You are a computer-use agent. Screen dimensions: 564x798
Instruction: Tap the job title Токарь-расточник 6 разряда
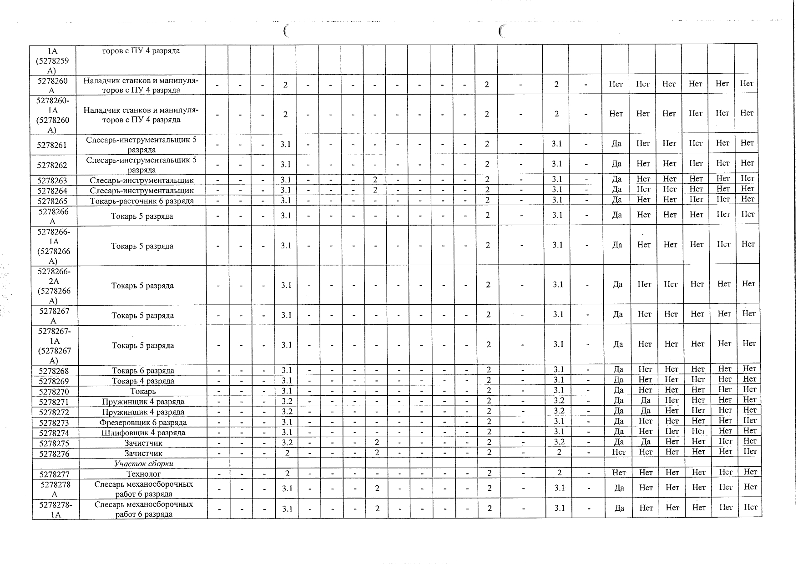coord(142,201)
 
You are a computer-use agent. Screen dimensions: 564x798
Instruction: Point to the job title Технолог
coord(143,474)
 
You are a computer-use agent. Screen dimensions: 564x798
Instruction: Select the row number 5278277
coord(54,474)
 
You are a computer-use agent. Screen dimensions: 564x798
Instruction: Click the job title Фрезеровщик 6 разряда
coord(143,423)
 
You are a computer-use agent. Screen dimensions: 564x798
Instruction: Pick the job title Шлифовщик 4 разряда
coord(143,433)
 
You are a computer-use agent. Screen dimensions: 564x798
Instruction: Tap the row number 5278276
coord(54,453)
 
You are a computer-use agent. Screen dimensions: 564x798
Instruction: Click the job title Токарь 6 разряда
coord(143,371)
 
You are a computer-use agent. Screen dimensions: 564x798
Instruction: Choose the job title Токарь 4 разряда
coord(143,381)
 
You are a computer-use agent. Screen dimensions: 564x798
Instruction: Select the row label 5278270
coord(54,392)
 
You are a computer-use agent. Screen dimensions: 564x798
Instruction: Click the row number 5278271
coord(54,402)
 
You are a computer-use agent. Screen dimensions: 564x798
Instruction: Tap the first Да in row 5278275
coord(619,442)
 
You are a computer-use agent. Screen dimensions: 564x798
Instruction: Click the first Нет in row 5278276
coord(619,452)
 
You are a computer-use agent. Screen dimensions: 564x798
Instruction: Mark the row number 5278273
coord(54,423)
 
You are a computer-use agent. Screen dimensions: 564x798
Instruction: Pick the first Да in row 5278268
coord(618,370)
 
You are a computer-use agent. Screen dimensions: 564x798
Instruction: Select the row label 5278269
coord(54,381)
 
